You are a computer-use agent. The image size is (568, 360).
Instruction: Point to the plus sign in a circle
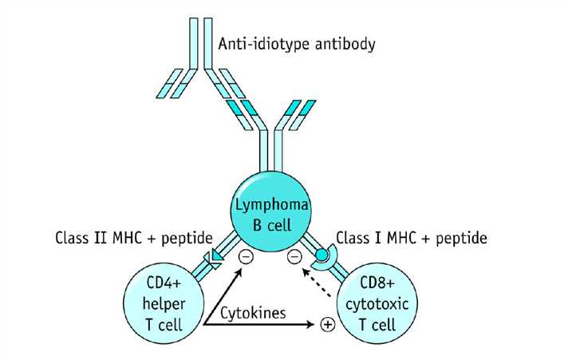[x=326, y=325]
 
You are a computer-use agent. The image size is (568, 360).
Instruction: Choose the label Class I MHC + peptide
[x=411, y=237]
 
